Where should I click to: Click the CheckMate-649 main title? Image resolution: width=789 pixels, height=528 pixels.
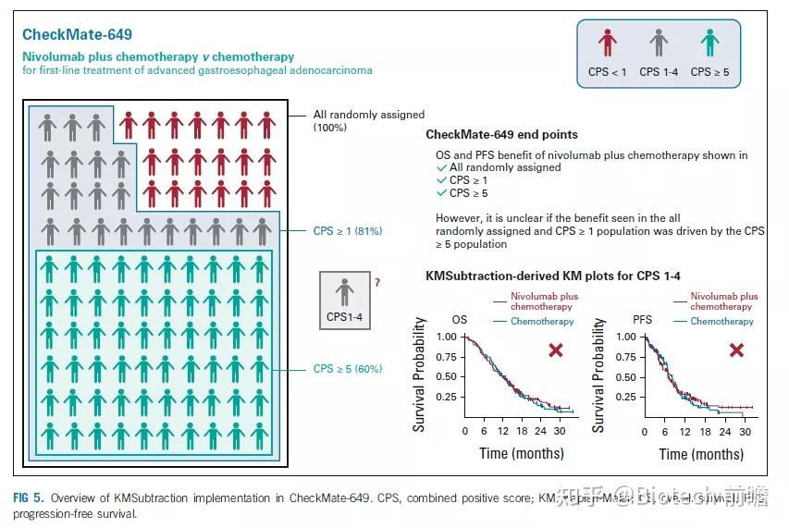pyautogui.click(x=78, y=35)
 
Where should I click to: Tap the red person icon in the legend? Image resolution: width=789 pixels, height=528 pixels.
pyautogui.click(x=607, y=43)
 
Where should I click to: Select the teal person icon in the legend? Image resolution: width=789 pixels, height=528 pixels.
pyautogui.click(x=709, y=43)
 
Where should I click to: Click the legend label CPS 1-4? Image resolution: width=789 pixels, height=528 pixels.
pyautogui.click(x=658, y=71)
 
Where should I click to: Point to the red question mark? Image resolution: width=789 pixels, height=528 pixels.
pyautogui.click(x=376, y=282)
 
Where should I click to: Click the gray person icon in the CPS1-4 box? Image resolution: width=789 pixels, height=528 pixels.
pyautogui.click(x=345, y=292)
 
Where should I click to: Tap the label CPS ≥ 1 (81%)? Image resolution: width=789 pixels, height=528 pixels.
pyautogui.click(x=347, y=231)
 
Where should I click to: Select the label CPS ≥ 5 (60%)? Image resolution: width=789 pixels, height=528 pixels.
pyautogui.click(x=347, y=369)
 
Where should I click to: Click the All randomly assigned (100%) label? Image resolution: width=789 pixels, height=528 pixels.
pyautogui.click(x=368, y=120)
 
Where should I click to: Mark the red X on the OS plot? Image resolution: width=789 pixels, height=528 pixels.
pyautogui.click(x=556, y=350)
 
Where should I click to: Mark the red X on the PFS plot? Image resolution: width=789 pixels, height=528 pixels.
pyautogui.click(x=736, y=350)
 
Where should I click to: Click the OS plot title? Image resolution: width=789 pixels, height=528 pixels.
pyautogui.click(x=460, y=320)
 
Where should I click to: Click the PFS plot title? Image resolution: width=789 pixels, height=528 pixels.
pyautogui.click(x=642, y=320)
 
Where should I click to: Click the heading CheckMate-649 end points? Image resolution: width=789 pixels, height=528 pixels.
pyautogui.click(x=501, y=135)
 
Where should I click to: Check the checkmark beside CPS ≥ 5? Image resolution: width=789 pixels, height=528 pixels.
pyautogui.click(x=441, y=193)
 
